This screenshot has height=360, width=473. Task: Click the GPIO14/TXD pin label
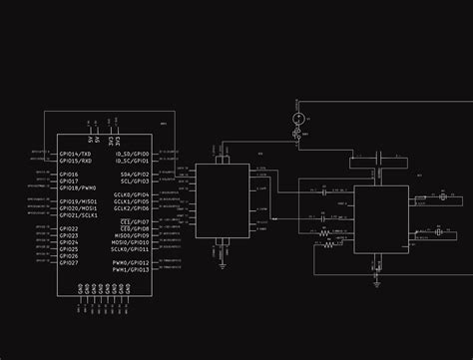click(77, 155)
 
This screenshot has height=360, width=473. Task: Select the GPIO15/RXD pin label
click(77, 161)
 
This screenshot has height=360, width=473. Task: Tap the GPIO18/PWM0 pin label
click(78, 186)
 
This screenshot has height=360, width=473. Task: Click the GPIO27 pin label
click(69, 263)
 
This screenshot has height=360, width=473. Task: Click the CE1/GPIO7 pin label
click(134, 221)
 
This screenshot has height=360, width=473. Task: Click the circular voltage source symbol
click(296, 121)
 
